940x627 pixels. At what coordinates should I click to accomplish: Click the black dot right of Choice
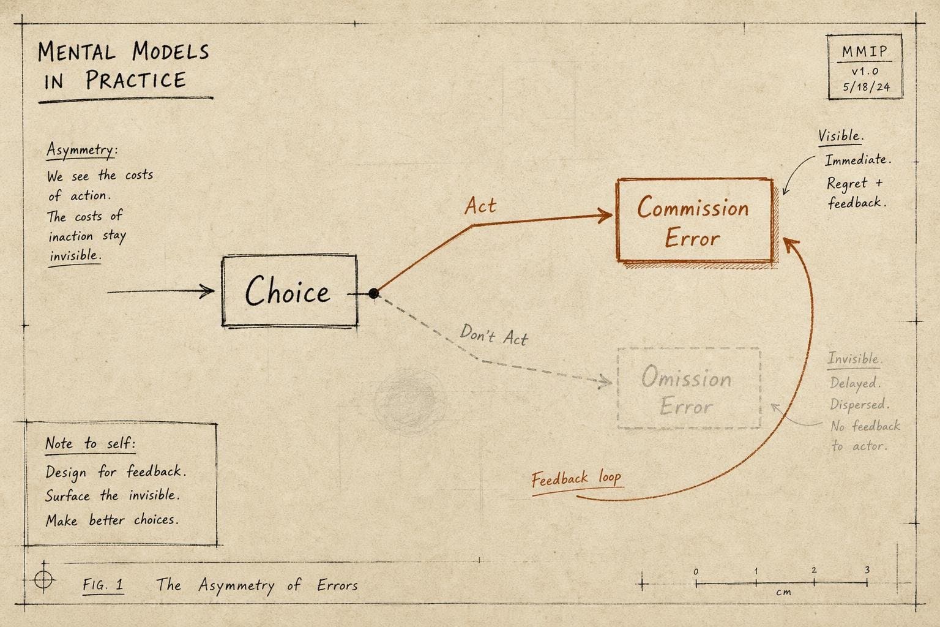(373, 293)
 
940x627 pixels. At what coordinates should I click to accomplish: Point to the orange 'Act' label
(480, 206)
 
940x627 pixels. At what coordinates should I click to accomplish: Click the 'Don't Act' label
(494, 336)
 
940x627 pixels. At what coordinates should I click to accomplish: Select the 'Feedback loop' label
(576, 478)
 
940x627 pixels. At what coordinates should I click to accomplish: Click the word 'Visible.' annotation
(841, 136)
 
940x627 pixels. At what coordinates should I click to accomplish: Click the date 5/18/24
(867, 87)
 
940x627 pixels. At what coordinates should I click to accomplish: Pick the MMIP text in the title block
(865, 51)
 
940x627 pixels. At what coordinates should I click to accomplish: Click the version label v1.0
(865, 71)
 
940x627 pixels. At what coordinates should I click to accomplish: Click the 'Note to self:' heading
(90, 443)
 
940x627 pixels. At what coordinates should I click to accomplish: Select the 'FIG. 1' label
(103, 584)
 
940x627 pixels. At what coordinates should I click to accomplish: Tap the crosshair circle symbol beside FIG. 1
(43, 579)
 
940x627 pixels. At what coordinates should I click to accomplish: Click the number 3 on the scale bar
(867, 570)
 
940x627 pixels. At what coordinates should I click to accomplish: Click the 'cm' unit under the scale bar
(783, 592)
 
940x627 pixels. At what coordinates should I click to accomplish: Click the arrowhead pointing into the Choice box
(207, 291)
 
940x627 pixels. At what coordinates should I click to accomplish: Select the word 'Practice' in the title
(135, 80)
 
